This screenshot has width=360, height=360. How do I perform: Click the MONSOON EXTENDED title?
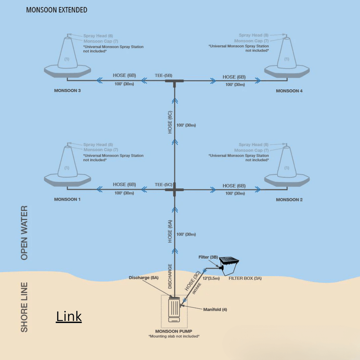click(x=57, y=10)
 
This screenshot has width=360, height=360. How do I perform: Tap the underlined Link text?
click(x=69, y=316)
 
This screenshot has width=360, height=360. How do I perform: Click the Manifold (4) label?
click(x=215, y=310)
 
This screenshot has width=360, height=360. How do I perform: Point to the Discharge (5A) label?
click(x=143, y=278)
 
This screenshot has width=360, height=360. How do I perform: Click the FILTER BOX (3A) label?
click(x=245, y=278)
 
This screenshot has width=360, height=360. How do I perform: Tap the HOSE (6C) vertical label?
click(x=170, y=122)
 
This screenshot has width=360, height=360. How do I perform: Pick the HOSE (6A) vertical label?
click(x=170, y=231)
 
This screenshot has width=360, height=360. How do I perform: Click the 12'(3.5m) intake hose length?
click(x=212, y=278)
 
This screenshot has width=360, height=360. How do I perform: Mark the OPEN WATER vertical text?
click(x=24, y=233)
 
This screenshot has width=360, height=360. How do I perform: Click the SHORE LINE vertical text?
click(x=24, y=307)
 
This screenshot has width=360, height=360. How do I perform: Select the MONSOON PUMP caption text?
click(x=174, y=331)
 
